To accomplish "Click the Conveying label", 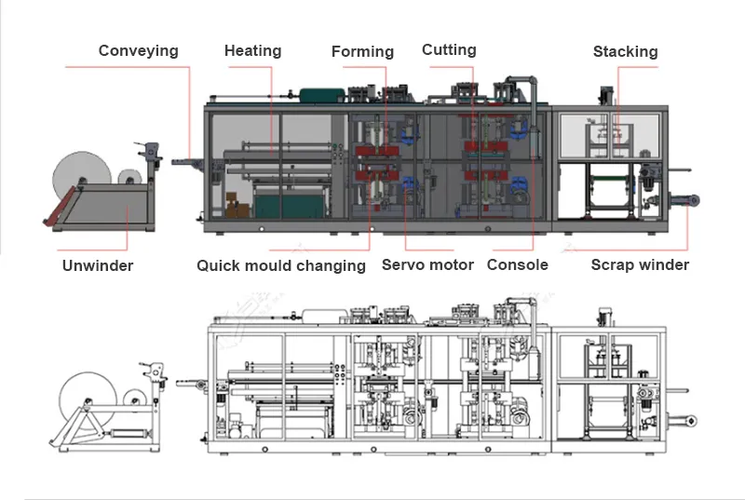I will click(x=138, y=51).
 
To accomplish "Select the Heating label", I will click(x=253, y=51).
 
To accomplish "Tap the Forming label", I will click(x=362, y=52).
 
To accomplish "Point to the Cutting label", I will click(x=449, y=50).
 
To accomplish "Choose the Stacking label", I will click(x=625, y=52).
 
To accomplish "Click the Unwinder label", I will click(x=98, y=265).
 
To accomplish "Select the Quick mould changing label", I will click(x=280, y=266).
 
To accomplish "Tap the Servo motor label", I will click(x=427, y=265).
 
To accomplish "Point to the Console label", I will click(x=518, y=265).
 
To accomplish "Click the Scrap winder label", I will click(x=640, y=265).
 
